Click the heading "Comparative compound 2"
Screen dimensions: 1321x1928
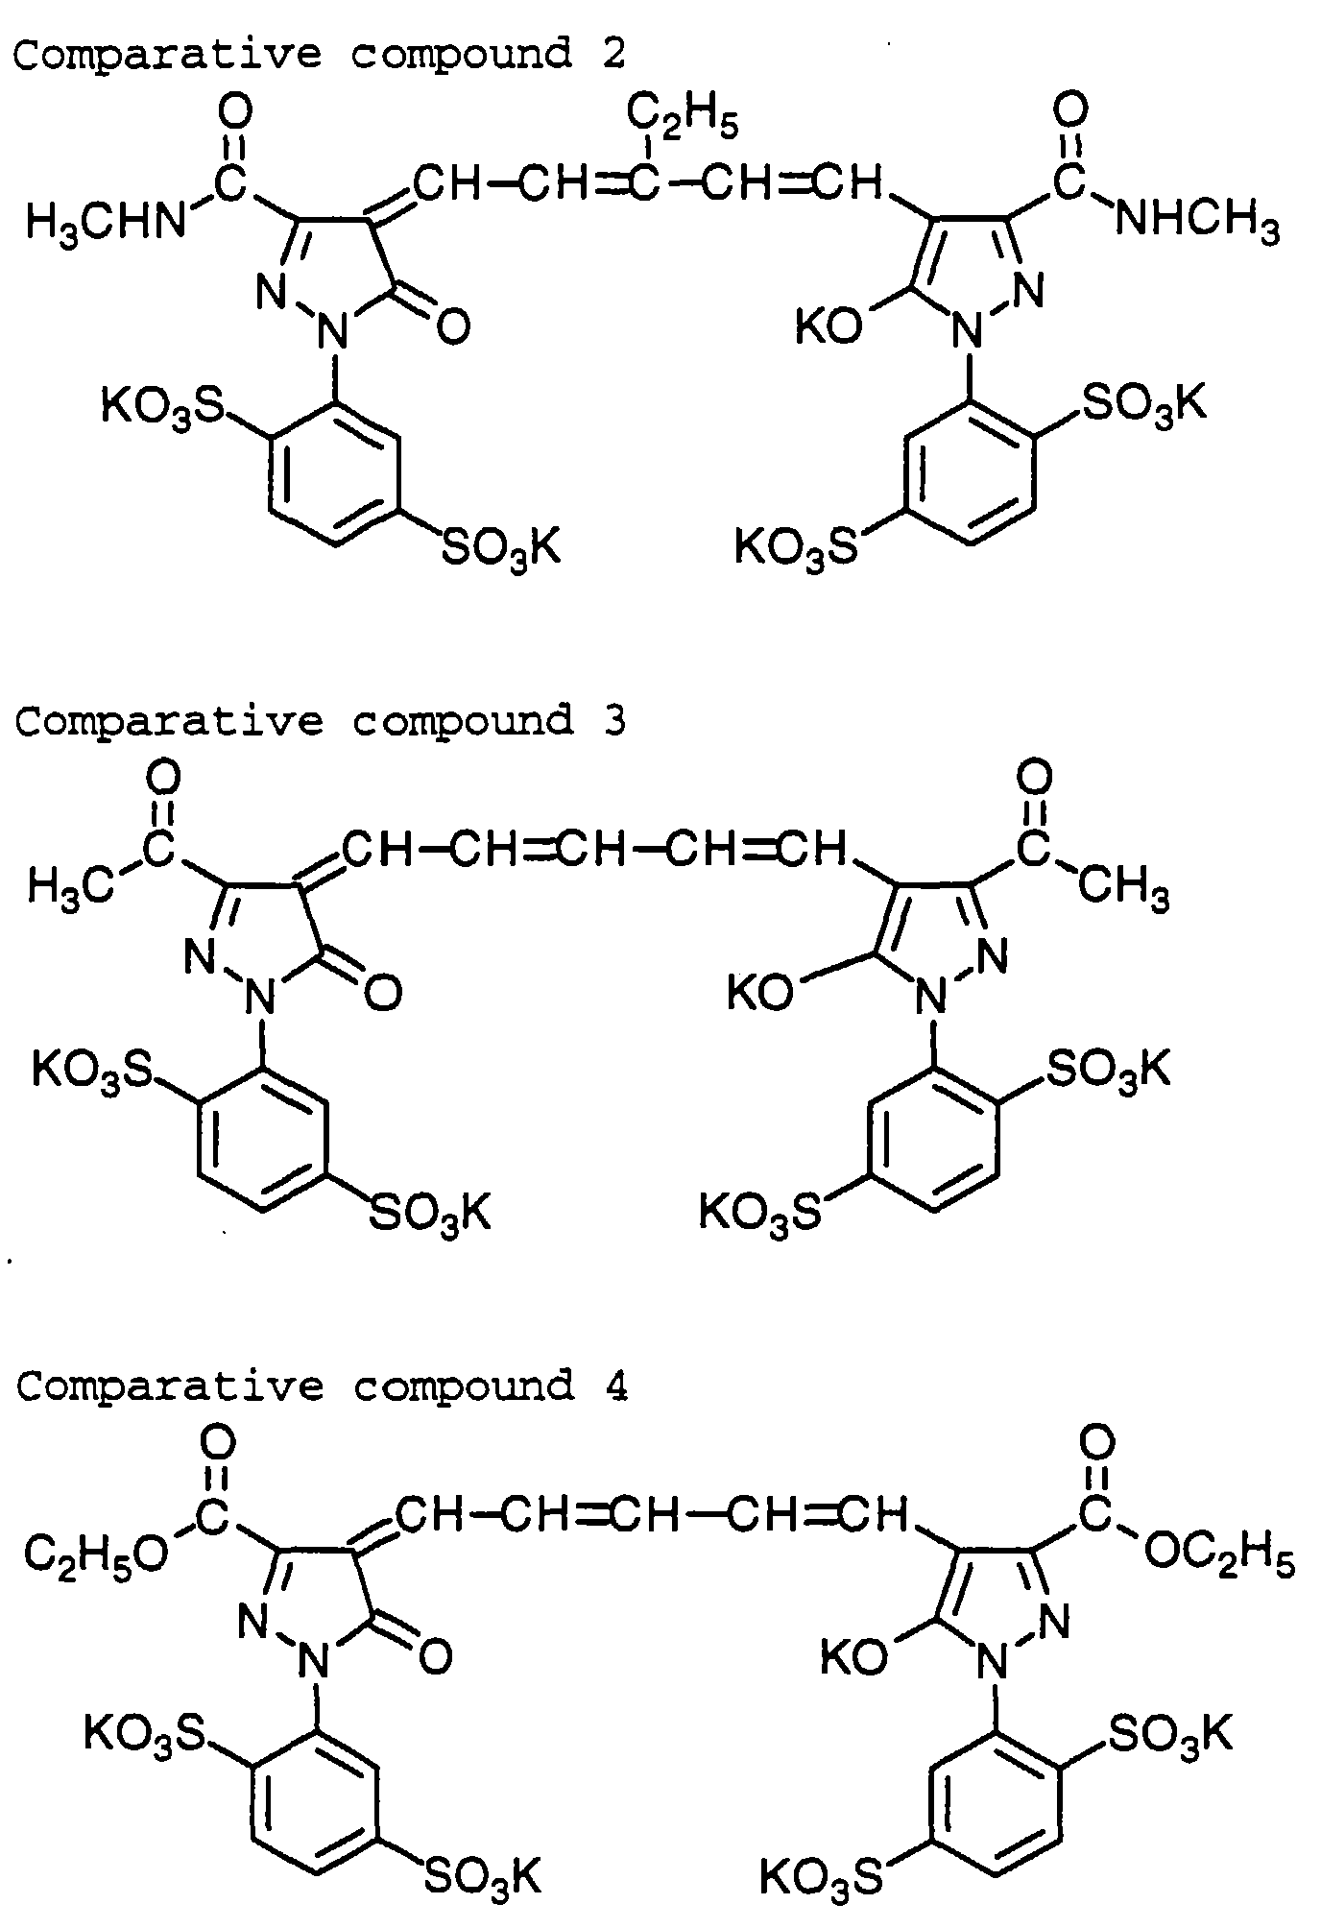coord(320,54)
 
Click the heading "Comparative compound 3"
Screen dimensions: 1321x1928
coord(320,720)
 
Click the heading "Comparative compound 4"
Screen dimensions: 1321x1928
coord(322,1386)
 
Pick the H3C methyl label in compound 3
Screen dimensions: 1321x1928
coord(70,884)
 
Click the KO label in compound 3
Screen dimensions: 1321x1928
coord(759,993)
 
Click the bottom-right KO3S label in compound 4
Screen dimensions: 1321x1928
coord(821,1877)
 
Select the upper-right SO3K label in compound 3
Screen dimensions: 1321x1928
coord(1108,1069)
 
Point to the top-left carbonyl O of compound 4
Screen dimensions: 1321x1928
coord(218,1441)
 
